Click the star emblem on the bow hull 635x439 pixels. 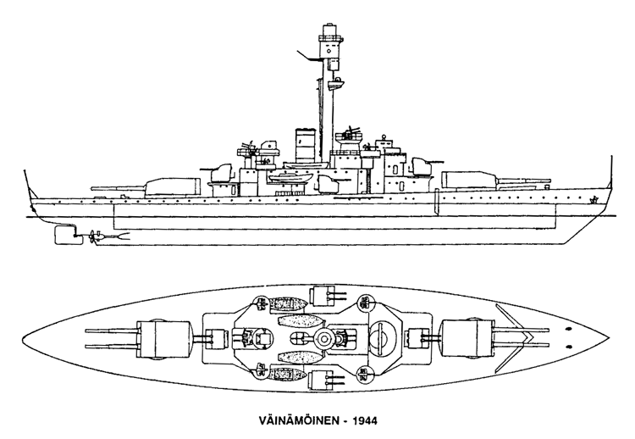(x=594, y=201)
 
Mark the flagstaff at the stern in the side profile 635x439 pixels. (x=27, y=186)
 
